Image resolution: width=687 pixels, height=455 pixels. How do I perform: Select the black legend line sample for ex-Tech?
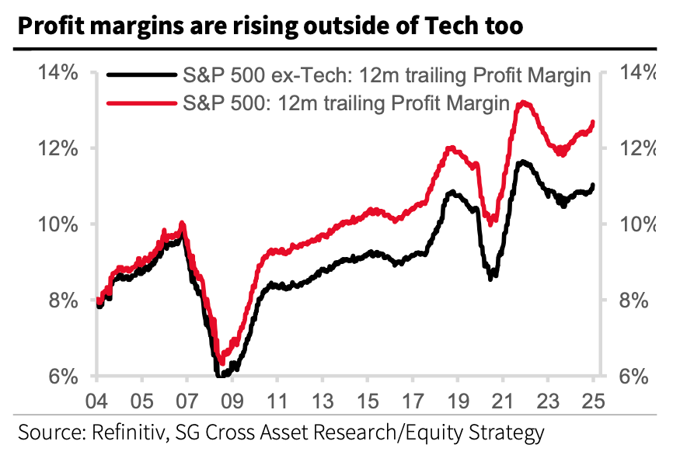tap(141, 76)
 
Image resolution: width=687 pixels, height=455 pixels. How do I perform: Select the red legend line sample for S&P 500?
tap(141, 102)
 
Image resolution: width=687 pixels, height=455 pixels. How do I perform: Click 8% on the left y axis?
tap(61, 300)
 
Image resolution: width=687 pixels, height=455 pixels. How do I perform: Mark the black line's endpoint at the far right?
tap(594, 185)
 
